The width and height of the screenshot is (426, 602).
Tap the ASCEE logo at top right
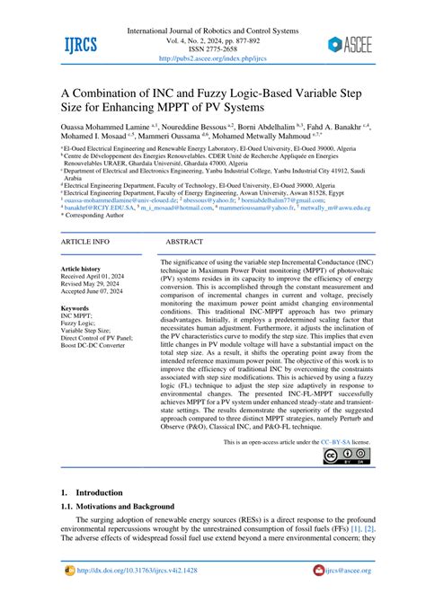(363, 43)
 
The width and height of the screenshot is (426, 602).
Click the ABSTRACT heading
(184, 243)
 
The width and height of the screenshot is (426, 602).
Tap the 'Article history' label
(81, 269)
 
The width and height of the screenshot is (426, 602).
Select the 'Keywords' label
(75, 307)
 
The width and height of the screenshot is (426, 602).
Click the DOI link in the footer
(147, 570)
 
